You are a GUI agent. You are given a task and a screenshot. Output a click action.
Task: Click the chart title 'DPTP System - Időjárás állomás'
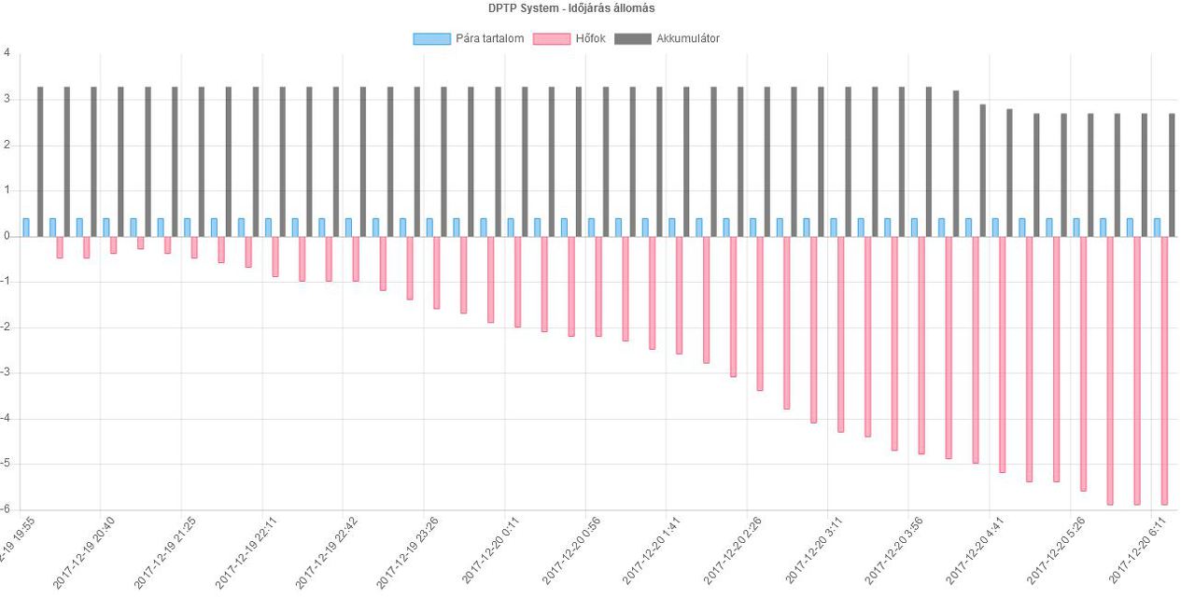[x=570, y=8]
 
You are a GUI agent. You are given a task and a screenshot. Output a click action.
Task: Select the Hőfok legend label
[x=591, y=38]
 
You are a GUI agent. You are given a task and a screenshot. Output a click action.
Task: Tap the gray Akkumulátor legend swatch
[x=633, y=38]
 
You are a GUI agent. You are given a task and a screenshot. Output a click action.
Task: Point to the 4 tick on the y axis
[x=7, y=53]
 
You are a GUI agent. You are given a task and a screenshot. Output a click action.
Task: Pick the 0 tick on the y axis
[x=7, y=236]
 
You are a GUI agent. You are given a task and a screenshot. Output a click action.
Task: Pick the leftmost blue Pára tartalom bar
[x=26, y=228]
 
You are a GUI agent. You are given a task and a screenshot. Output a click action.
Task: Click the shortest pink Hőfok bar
[x=141, y=243]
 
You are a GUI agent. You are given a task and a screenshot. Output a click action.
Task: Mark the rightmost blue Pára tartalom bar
[x=1157, y=228]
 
